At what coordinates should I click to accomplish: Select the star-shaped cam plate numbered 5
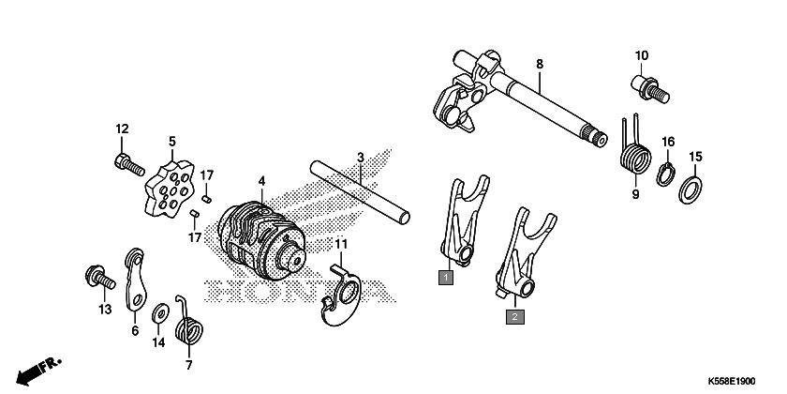pyautogui.click(x=170, y=189)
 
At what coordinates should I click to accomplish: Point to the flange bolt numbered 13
pyautogui.click(x=100, y=278)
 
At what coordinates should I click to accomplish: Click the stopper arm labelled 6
pyautogui.click(x=135, y=280)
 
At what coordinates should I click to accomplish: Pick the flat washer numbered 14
pyautogui.click(x=159, y=313)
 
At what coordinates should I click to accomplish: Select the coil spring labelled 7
pyautogui.click(x=188, y=326)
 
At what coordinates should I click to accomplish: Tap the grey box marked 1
pyautogui.click(x=446, y=277)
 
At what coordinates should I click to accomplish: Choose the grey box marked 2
pyautogui.click(x=515, y=317)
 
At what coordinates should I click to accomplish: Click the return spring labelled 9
pyautogui.click(x=635, y=151)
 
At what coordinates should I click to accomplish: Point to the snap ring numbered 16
pyautogui.click(x=666, y=174)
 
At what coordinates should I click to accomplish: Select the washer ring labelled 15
pyautogui.click(x=690, y=189)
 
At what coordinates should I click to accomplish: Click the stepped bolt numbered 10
pyautogui.click(x=649, y=89)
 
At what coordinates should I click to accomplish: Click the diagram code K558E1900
pyautogui.click(x=732, y=382)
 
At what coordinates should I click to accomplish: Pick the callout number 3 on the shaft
pyautogui.click(x=361, y=158)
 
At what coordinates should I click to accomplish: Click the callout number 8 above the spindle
pyautogui.click(x=540, y=64)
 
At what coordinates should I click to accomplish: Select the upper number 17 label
pyautogui.click(x=207, y=175)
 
